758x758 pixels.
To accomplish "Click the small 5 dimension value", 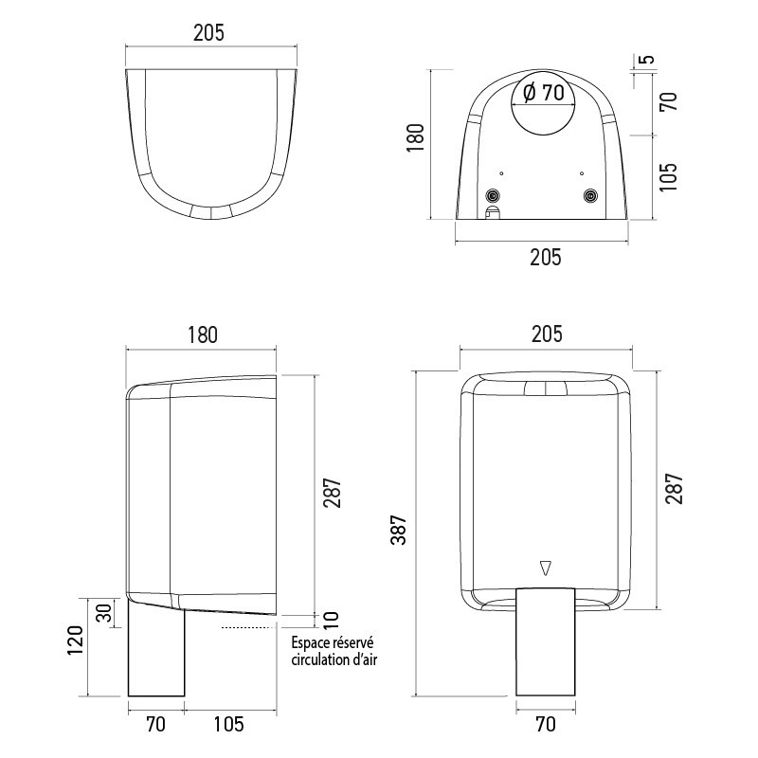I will click(x=647, y=60).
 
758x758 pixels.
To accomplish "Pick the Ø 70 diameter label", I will click(x=543, y=93).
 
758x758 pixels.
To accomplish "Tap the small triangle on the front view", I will click(x=544, y=568).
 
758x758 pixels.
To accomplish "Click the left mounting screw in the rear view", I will click(x=492, y=195).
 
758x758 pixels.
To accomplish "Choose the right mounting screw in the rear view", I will click(x=591, y=195).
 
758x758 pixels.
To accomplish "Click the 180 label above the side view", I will click(x=202, y=334).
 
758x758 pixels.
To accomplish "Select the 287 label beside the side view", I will click(x=330, y=491).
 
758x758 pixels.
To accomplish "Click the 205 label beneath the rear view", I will click(x=546, y=256).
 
